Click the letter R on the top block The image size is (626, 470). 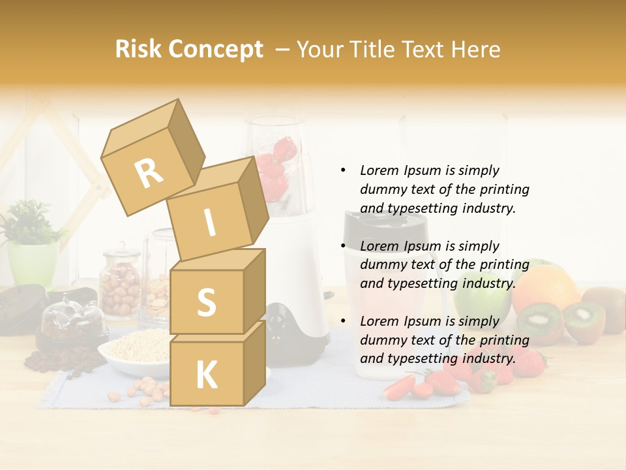click(x=149, y=174)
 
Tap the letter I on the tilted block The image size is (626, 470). click(x=209, y=223)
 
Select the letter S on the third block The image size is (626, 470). click(x=206, y=302)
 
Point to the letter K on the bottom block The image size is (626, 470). click(x=206, y=375)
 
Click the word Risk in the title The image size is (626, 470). click(x=138, y=50)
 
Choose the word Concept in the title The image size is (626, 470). click(x=215, y=50)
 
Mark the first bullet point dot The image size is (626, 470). click(x=342, y=170)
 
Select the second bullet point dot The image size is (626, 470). click(x=342, y=246)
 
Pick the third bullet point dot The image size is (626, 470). click(x=342, y=321)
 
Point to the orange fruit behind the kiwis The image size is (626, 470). click(x=546, y=287)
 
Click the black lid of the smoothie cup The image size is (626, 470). click(x=385, y=225)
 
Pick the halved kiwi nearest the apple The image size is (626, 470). click(x=539, y=322)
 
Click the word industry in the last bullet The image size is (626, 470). click(x=489, y=358)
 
